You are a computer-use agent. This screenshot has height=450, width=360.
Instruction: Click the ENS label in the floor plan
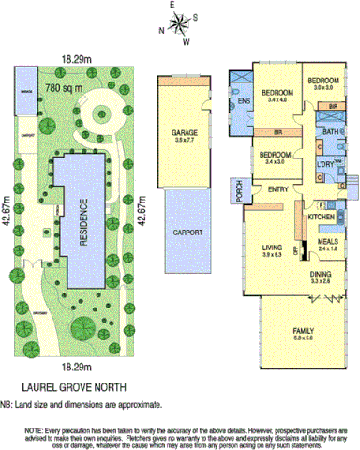click(x=245, y=100)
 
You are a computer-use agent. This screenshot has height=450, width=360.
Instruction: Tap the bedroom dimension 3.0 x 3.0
click(x=323, y=86)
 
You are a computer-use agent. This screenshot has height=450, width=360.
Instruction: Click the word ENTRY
click(x=278, y=189)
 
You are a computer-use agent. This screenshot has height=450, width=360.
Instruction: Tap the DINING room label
click(x=322, y=274)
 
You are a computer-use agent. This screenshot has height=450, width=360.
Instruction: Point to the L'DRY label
click(x=326, y=166)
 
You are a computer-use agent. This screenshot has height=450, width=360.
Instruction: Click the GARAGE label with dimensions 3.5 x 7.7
click(x=184, y=134)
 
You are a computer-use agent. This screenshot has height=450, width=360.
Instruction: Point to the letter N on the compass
click(x=160, y=30)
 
